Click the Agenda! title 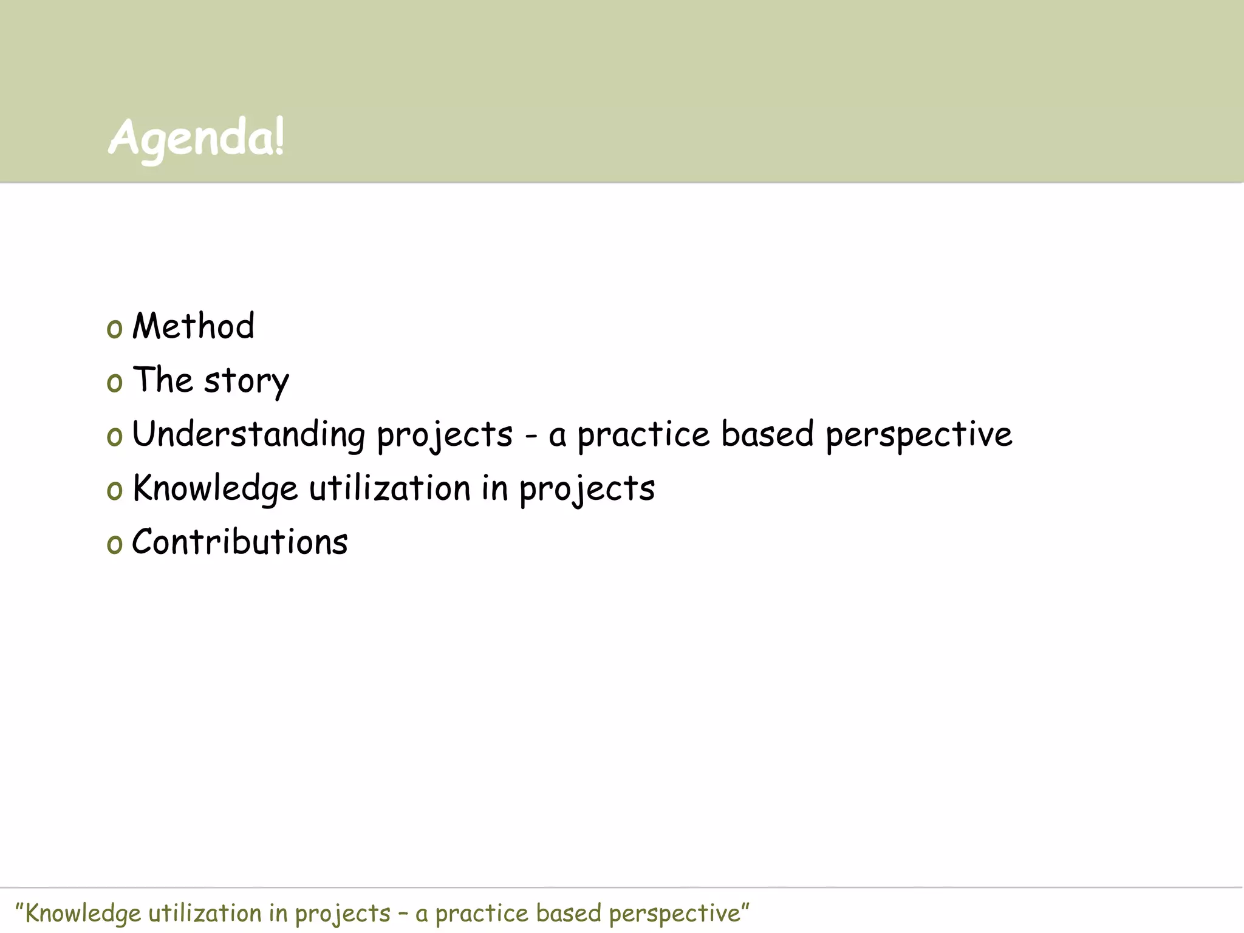[196, 138]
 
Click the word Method [193, 326]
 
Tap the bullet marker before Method [114, 329]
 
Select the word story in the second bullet [246, 381]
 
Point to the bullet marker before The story [114, 383]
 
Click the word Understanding [248, 435]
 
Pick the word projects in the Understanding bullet [445, 436]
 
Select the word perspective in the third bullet [918, 436]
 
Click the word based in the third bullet [767, 435]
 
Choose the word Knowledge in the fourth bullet [215, 489]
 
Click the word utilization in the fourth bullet [390, 489]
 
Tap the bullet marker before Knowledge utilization [114, 491]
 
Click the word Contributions [240, 542]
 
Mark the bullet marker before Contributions [114, 545]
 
